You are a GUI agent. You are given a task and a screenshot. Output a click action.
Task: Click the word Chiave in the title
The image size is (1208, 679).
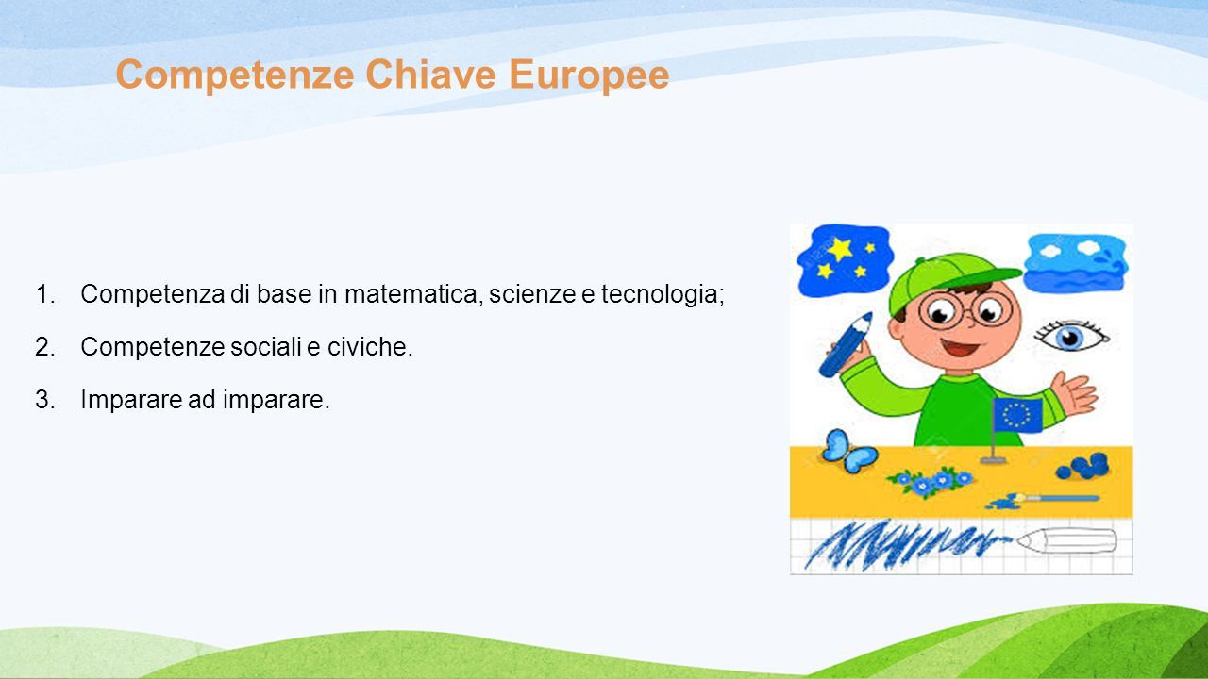(x=430, y=75)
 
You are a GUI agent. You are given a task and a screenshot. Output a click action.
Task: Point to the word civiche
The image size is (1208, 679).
(x=370, y=346)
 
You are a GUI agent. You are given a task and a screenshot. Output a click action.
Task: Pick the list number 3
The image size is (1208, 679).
(x=45, y=399)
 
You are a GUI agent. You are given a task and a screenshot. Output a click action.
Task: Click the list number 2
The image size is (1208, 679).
(x=45, y=346)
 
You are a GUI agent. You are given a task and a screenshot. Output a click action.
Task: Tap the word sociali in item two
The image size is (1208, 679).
(x=266, y=346)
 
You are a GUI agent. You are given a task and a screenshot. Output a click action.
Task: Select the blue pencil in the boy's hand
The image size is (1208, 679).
(x=846, y=344)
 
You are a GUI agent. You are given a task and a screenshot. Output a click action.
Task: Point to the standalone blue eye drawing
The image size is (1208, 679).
(x=1070, y=335)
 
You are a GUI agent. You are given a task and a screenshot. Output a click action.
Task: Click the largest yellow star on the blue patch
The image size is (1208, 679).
(x=840, y=249)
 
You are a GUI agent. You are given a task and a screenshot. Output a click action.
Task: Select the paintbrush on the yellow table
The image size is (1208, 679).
(x=1043, y=500)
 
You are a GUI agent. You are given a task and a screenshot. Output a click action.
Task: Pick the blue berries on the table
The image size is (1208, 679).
(x=1083, y=467)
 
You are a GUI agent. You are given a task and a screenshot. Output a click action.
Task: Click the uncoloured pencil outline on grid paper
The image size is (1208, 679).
(x=1066, y=540)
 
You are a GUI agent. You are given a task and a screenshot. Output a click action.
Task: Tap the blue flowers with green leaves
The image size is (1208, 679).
(x=930, y=481)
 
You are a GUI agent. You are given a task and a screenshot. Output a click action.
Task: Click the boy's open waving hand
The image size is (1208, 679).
(x=1074, y=392)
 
